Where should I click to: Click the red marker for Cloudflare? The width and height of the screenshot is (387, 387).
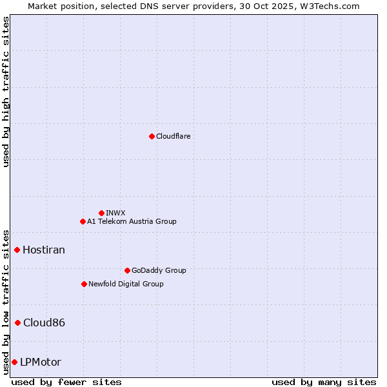pos(152,136)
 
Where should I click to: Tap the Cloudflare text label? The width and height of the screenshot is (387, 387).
pos(173,136)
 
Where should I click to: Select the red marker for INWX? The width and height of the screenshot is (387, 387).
pos(101,213)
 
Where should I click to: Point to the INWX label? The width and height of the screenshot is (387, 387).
pos(115,213)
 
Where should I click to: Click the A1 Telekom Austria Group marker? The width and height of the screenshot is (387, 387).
pos(83,221)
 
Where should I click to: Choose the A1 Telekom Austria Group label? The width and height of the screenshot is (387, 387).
pos(132,221)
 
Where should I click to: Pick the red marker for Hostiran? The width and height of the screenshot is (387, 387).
pos(17,250)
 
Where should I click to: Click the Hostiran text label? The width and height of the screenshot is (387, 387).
pos(44,250)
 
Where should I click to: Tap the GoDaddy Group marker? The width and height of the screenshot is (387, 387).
pos(127,270)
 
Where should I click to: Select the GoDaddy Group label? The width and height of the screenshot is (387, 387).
pos(158,270)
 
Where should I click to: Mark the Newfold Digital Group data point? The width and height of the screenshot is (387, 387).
pos(84,284)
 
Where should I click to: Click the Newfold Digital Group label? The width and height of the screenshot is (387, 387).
pos(126,284)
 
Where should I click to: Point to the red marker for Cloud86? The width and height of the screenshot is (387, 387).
pos(17,322)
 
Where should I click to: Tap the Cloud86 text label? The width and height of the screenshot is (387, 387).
pos(44,322)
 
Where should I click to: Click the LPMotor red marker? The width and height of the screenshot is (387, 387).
pos(14,362)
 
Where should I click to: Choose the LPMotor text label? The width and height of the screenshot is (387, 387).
pos(41,362)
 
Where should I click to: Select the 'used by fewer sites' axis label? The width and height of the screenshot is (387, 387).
pos(66,382)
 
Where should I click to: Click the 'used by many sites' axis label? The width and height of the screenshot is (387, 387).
pos(324,382)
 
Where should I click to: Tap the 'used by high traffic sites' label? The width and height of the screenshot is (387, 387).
pos(6,92)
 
